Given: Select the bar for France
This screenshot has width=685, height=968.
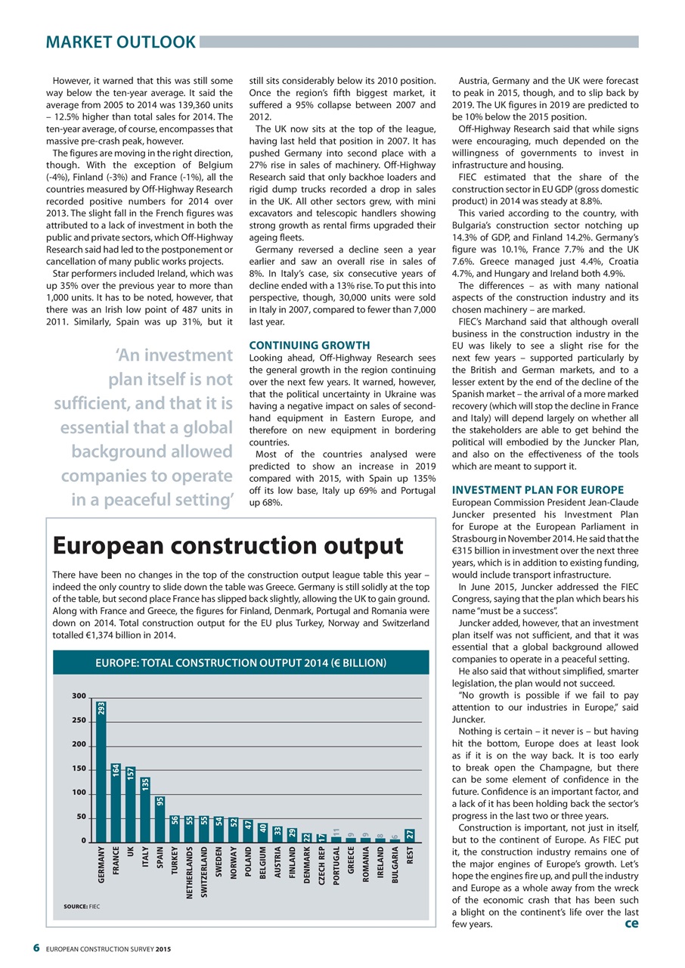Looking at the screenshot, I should tap(116, 802).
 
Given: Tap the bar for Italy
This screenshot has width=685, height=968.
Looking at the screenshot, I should tap(145, 809).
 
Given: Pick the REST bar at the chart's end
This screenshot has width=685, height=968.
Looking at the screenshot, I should tap(410, 835).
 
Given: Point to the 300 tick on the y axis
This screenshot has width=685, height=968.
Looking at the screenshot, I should tap(79, 696).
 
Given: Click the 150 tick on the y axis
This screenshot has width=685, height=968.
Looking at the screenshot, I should tap(79, 769).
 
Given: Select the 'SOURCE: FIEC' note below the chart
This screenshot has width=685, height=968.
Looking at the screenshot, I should tap(83, 904).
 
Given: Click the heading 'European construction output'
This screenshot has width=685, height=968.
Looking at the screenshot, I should tap(226, 546).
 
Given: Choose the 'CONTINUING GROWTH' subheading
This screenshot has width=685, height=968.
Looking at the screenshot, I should tap(309, 345).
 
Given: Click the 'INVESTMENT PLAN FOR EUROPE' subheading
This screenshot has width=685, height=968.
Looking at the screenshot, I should tap(537, 490).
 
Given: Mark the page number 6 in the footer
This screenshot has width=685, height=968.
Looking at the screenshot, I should tap(36, 949).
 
